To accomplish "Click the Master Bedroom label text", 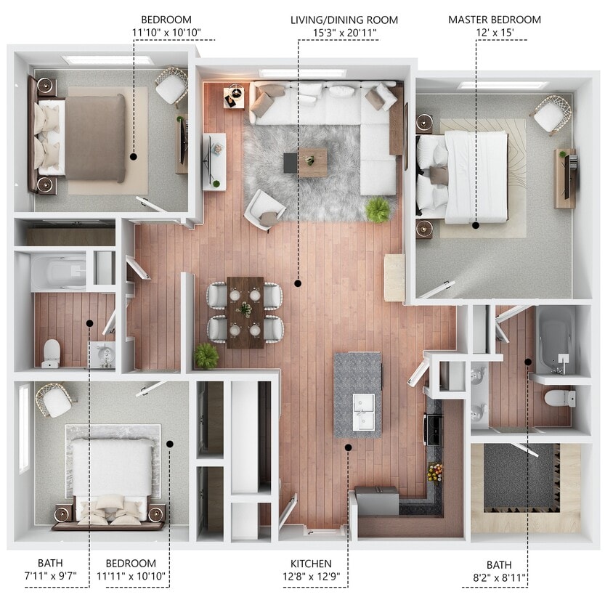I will pos(494,20).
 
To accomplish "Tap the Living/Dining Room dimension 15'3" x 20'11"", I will pos(334,33).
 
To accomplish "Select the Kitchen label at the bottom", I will pos(311,564).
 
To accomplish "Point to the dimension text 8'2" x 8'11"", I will pos(499,579).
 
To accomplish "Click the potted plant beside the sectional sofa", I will pos(378,210).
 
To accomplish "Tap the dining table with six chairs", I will pos(245,312).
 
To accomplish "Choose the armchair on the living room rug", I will pos(264,209).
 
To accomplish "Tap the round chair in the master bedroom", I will pos(551,115).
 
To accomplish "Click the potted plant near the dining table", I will pos(206,355).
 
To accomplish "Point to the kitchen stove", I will pos(434,429).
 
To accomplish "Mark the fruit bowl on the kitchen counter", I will pos(435,473).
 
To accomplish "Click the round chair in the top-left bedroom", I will pos(171,86).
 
